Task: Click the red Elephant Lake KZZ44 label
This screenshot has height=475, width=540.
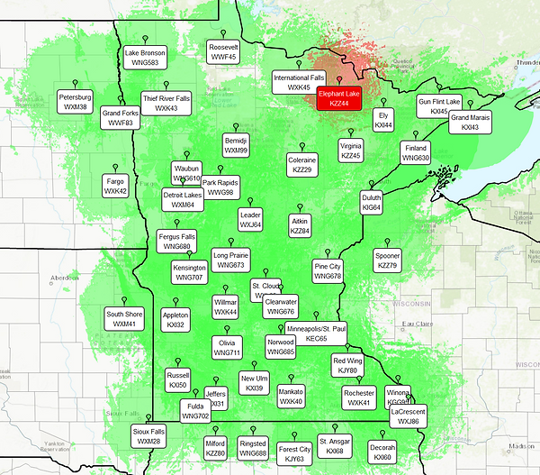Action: (339, 99)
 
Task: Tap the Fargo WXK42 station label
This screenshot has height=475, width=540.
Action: (115, 186)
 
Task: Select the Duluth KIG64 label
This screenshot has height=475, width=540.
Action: (371, 201)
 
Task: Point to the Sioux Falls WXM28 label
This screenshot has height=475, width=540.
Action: (148, 435)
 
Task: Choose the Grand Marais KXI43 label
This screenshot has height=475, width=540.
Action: (470, 123)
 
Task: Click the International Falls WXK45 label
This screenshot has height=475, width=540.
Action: (299, 83)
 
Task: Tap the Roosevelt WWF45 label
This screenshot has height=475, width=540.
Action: (223, 51)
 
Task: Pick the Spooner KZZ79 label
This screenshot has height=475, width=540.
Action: (387, 260)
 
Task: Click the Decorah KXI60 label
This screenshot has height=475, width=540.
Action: (382, 452)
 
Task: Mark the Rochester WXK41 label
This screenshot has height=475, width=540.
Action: (359, 397)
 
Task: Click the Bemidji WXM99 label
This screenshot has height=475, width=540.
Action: (236, 144)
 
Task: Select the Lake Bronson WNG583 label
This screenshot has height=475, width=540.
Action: (145, 58)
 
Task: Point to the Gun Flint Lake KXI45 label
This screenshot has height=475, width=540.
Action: (438, 105)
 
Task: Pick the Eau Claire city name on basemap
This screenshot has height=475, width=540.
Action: (418, 324)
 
